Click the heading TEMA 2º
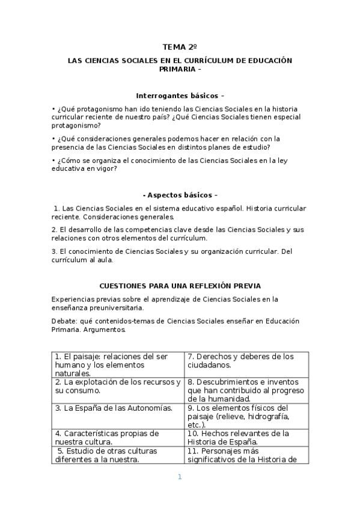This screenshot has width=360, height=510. pos(180,46)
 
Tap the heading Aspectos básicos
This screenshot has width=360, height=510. pos(180,195)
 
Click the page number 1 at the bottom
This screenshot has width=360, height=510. pos(179,477)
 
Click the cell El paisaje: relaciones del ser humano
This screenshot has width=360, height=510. pos(111,364)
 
